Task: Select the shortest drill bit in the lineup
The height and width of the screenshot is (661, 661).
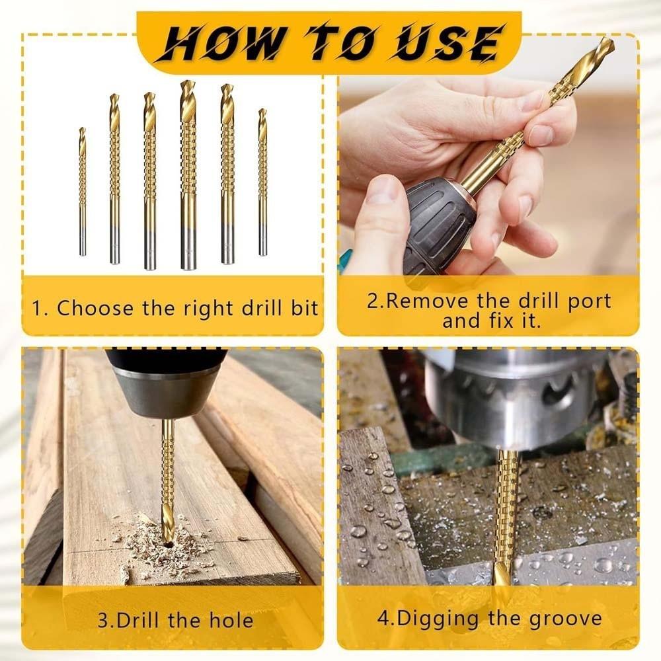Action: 83,192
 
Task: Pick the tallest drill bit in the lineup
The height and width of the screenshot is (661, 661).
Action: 188,175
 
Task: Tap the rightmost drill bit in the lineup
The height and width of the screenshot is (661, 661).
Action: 262,182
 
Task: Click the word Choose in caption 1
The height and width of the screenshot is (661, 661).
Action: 95,308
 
